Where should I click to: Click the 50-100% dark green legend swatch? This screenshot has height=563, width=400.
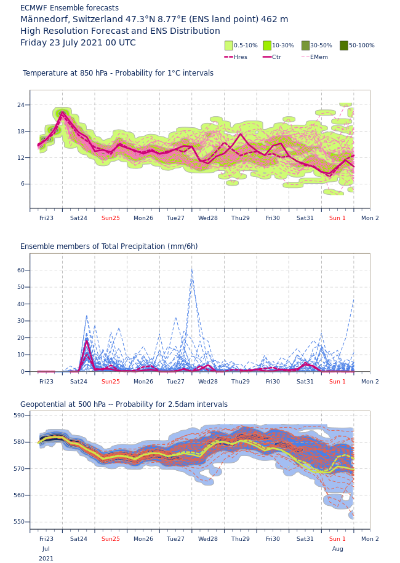[344, 45]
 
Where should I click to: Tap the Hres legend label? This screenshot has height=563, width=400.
[240, 57]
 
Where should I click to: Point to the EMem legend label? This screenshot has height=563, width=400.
[319, 57]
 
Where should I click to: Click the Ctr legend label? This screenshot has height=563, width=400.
[276, 57]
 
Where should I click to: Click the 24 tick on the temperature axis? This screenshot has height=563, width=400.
[21, 105]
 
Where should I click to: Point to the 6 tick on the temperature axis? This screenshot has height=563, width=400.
[23, 184]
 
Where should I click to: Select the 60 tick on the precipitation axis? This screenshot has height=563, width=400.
[21, 270]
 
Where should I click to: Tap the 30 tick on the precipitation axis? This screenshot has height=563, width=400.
[21, 321]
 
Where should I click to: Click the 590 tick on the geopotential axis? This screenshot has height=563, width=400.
[19, 415]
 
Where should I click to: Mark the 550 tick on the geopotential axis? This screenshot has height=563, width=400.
[19, 522]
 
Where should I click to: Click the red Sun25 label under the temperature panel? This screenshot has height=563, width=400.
[111, 218]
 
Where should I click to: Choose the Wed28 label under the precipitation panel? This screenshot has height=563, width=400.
[208, 382]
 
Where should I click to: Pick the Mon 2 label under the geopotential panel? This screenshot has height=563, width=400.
[370, 539]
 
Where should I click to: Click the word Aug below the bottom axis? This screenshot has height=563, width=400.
[338, 549]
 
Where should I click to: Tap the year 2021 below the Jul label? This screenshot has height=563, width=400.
[46, 559]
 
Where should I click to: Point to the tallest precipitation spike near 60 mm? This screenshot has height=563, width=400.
[192, 269]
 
